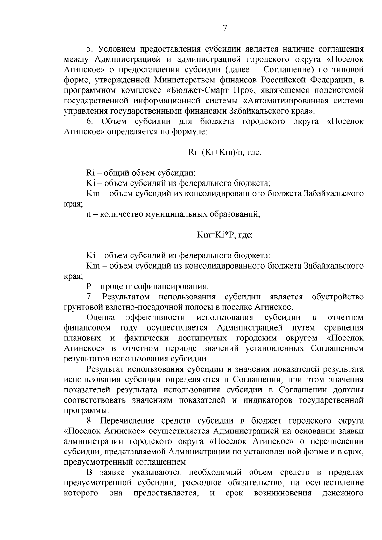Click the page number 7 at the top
coord(225,28)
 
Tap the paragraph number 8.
coord(89,421)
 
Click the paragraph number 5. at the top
coord(89,49)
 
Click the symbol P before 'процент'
coord(89,287)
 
